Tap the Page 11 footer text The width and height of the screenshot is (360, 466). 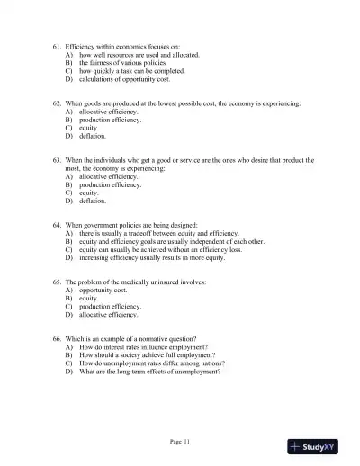click(x=179, y=440)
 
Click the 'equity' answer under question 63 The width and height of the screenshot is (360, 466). click(x=89, y=193)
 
